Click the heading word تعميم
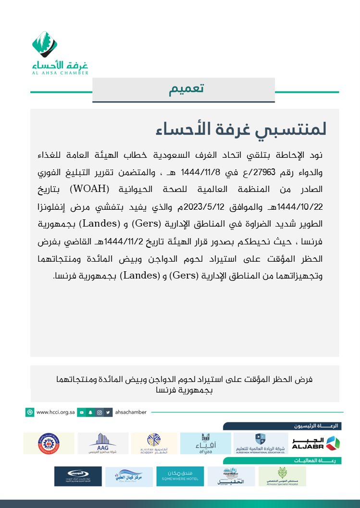(x=186, y=89)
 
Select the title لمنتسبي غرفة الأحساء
(x=241, y=129)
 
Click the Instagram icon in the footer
(x=99, y=412)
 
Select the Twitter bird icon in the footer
(x=109, y=412)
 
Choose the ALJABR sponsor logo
(x=315, y=443)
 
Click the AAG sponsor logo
(x=102, y=443)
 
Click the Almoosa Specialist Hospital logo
(x=282, y=476)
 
